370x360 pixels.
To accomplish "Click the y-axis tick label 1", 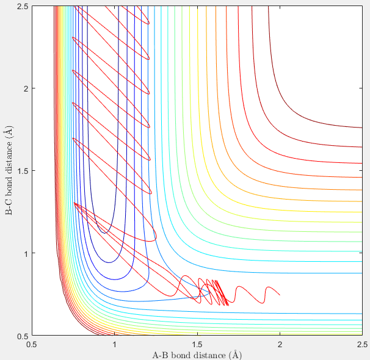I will (x=25, y=253).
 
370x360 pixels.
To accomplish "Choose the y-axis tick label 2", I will (x=25, y=88).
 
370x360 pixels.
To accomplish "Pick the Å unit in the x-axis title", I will (x=237, y=355).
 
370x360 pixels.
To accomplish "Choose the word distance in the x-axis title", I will (x=211, y=355).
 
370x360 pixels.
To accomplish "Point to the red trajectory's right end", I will (x=280, y=295).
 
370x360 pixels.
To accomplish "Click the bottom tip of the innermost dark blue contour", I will (x=104, y=233).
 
